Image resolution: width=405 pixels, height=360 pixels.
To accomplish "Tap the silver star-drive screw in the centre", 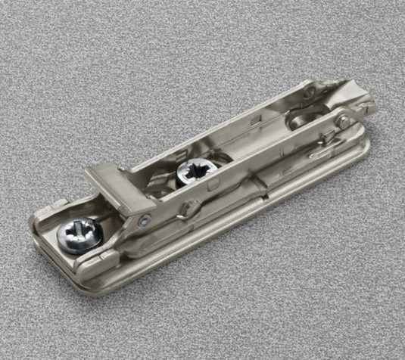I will click(x=189, y=173).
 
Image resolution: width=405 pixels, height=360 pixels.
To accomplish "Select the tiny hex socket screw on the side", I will click(x=144, y=221).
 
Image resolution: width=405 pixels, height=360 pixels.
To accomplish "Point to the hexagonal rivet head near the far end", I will click(x=342, y=119).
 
